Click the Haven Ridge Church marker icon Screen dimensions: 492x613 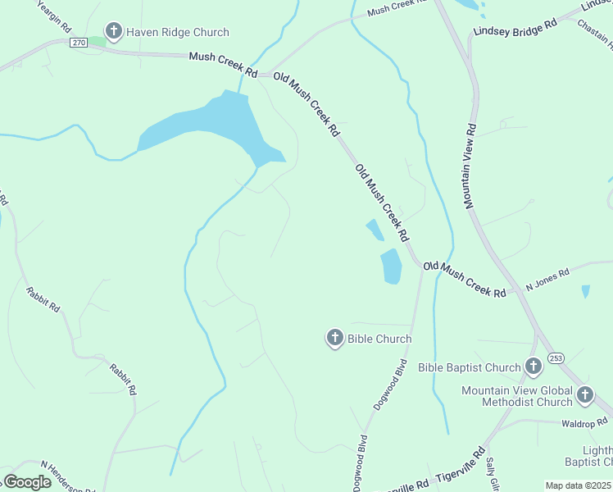tap(113, 32)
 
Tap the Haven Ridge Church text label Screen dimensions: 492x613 tap(176, 33)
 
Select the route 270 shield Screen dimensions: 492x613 tap(79, 43)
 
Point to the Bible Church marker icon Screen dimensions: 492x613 tap(334, 338)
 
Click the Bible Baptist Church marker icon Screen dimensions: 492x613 tap(534, 367)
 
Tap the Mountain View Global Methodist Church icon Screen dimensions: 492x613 tap(585, 395)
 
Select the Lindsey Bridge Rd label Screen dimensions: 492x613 tap(515, 28)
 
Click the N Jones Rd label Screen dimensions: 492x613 tap(547, 280)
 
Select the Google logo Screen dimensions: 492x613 tap(27, 481)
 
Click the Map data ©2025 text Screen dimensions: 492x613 tap(579, 485)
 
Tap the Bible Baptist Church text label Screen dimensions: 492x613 tap(470, 367)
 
